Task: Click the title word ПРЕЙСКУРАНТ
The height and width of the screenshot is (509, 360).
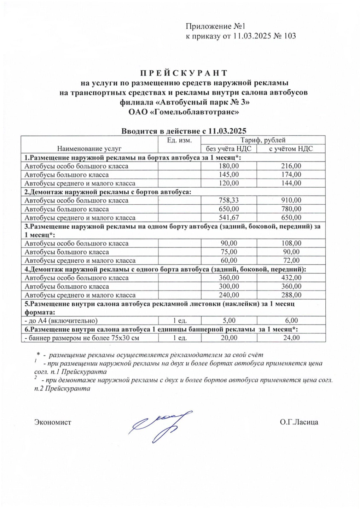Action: (184, 73)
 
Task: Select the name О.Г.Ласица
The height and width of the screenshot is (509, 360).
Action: (298, 422)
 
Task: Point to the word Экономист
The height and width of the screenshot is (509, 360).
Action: (53, 422)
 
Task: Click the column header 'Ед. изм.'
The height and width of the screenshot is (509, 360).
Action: (179, 140)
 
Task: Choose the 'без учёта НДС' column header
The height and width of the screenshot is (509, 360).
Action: (228, 149)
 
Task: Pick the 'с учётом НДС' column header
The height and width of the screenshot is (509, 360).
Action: (291, 149)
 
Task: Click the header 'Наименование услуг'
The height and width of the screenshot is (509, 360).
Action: (89, 149)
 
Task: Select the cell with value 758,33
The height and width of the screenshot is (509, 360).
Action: (229, 200)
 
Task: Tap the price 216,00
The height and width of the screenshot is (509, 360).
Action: (291, 166)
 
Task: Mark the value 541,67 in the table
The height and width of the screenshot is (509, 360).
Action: (229, 218)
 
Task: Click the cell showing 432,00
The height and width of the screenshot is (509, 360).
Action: (291, 278)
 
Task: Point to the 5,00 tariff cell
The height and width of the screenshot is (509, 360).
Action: (229, 321)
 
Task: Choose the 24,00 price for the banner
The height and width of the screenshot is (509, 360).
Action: (291, 338)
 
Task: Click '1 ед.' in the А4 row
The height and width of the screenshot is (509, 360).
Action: (180, 321)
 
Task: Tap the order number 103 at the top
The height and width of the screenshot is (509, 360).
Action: (290, 36)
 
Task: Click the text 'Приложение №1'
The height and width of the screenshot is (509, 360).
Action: (215, 27)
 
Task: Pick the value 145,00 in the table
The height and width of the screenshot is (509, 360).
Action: (229, 175)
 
